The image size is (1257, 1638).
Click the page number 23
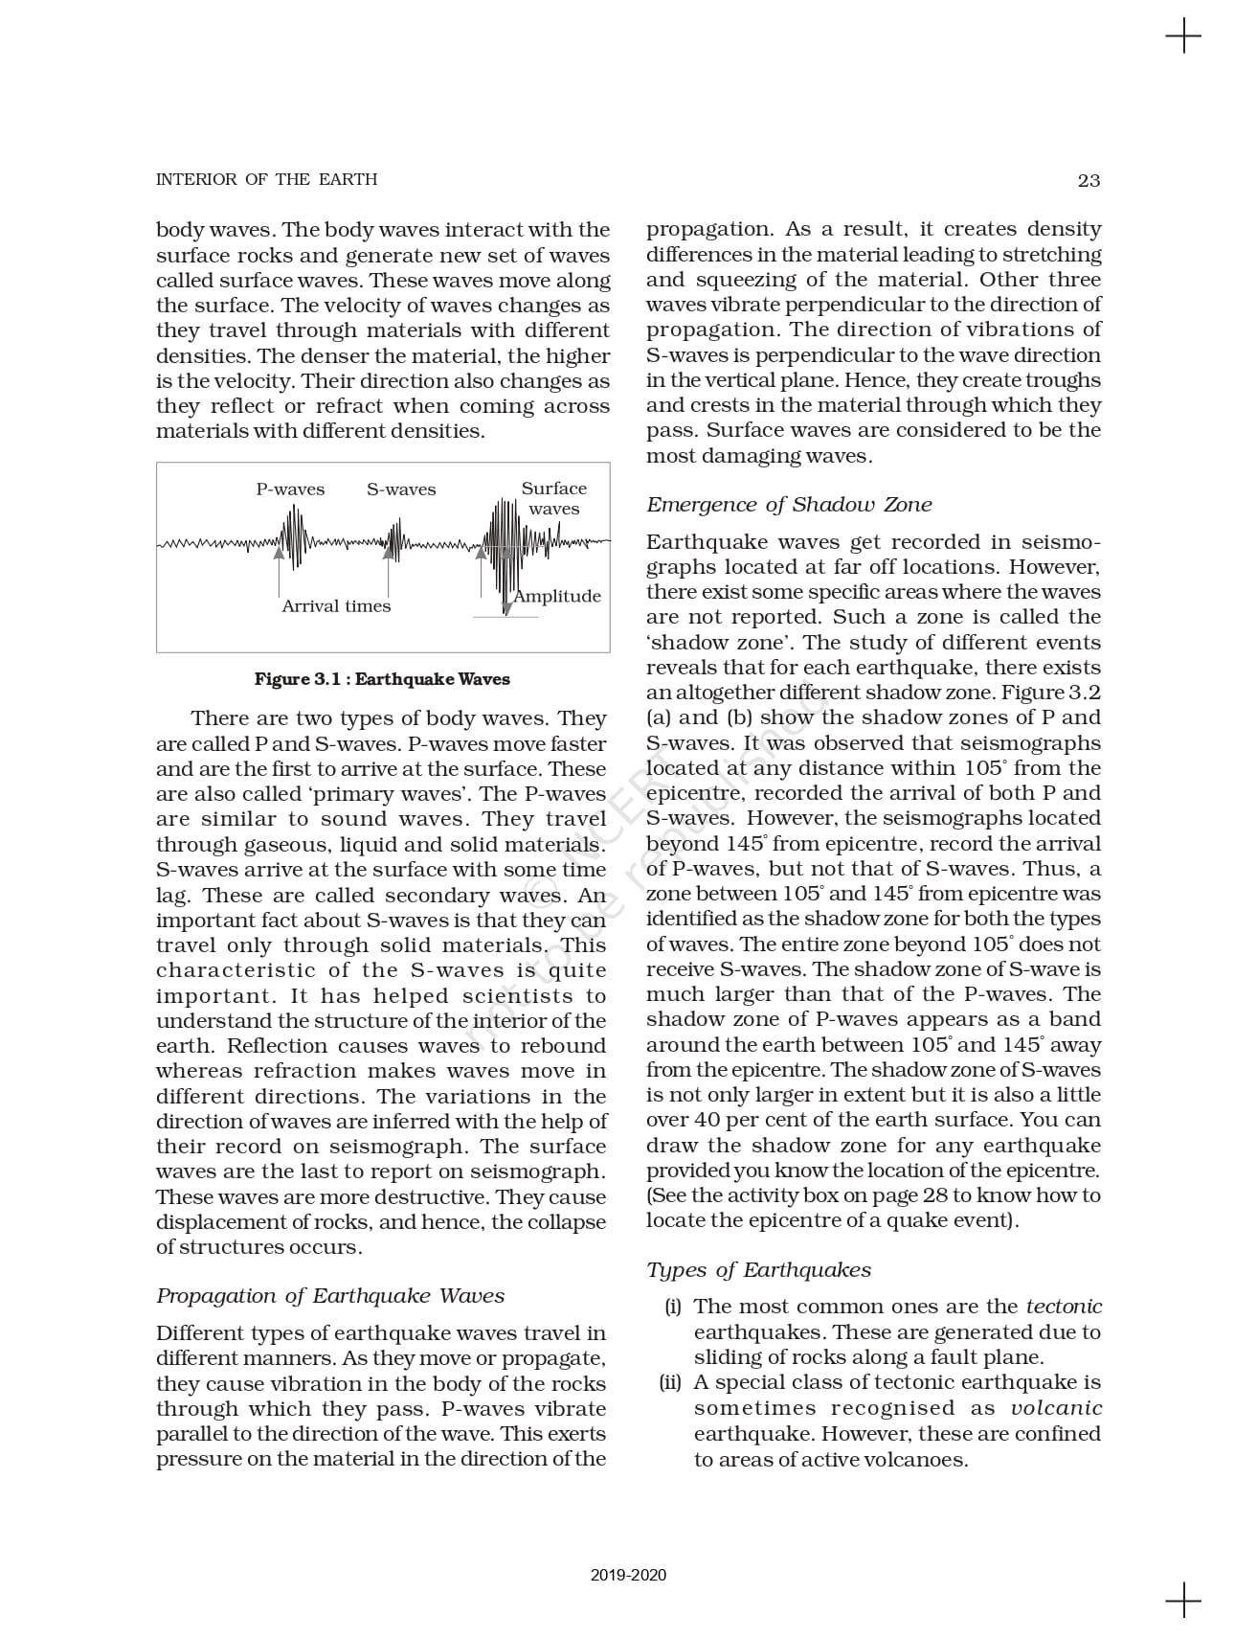click(1089, 180)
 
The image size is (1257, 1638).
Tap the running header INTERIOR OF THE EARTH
click(266, 179)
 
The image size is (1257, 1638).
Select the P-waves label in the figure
click(290, 489)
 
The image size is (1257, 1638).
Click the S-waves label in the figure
click(401, 489)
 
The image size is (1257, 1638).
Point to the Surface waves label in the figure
click(554, 498)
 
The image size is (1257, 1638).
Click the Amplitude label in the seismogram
click(557, 596)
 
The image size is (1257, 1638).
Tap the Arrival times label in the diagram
click(336, 606)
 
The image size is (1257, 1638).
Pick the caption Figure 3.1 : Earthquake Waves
click(382, 679)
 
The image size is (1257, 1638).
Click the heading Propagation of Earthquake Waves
click(330, 1296)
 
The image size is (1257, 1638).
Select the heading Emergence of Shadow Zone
click(789, 505)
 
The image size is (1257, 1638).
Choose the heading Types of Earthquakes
click(759, 1270)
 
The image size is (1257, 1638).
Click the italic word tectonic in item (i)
click(1064, 1307)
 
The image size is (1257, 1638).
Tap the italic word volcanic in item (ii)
click(1057, 1408)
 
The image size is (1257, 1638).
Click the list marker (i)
click(673, 1307)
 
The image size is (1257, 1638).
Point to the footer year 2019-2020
click(628, 1575)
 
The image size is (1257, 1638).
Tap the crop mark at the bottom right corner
click(1183, 1600)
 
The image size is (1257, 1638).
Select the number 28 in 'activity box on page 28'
click(934, 1195)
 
